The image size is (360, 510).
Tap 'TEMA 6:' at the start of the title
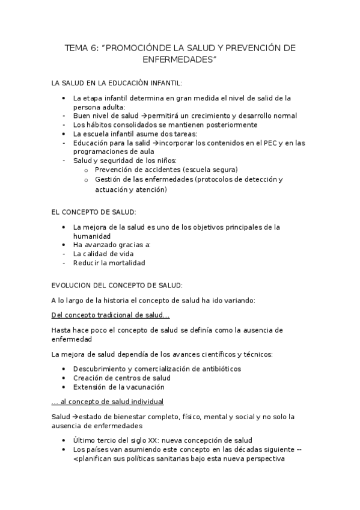81,48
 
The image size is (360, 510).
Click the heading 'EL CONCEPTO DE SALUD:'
94,212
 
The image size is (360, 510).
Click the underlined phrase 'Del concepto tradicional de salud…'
111,315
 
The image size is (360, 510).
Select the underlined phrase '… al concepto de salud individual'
108,401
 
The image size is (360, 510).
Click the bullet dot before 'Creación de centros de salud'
64,378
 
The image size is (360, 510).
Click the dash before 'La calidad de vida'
64,254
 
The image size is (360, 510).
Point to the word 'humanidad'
91,236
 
